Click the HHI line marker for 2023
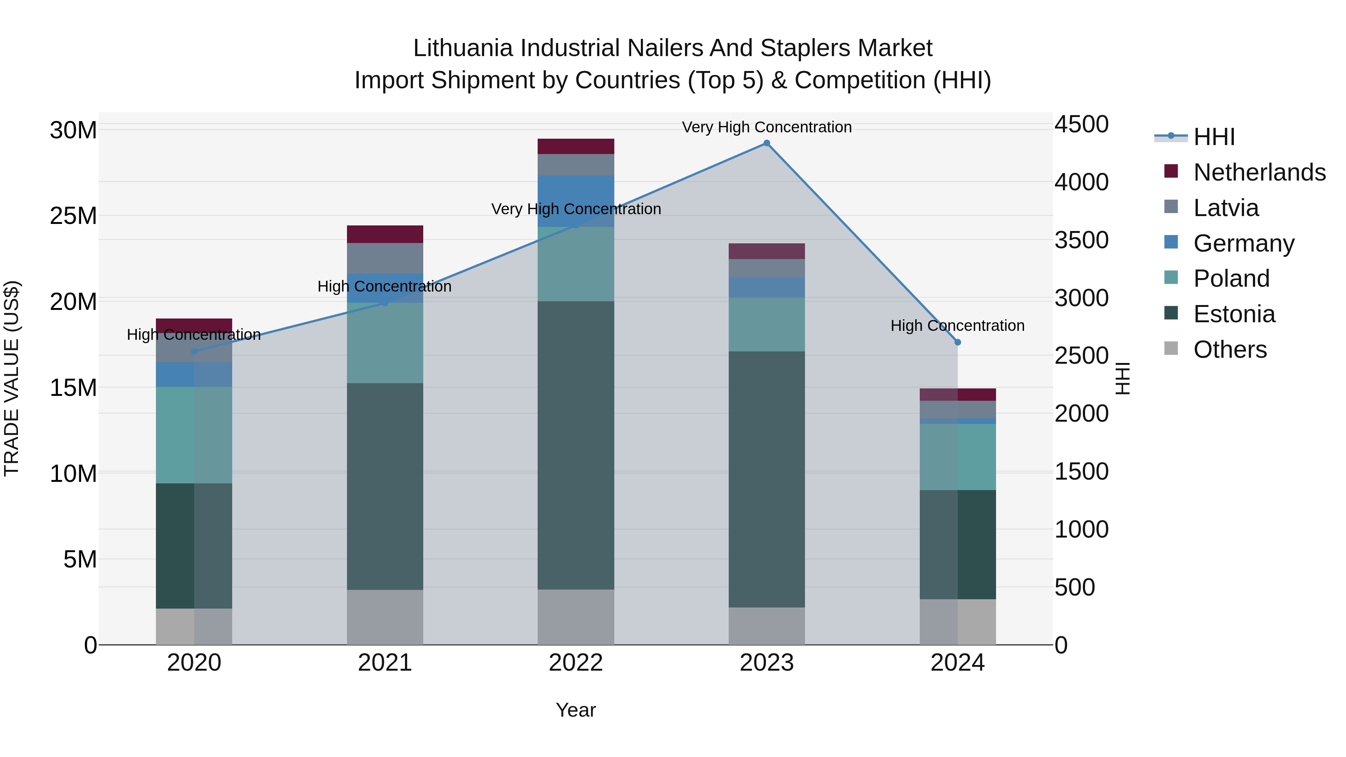(x=766, y=143)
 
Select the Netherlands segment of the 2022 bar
(x=576, y=146)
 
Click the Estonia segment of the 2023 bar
(x=766, y=479)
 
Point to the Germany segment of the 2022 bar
(x=576, y=201)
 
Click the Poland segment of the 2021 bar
(x=385, y=343)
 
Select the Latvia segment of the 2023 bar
(x=766, y=268)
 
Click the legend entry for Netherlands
(x=1259, y=172)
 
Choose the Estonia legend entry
(x=1234, y=314)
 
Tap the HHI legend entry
(x=1214, y=137)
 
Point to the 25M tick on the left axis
(x=73, y=216)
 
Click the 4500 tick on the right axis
(x=1081, y=124)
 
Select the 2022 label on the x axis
(x=576, y=663)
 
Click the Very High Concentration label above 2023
(x=766, y=127)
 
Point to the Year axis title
(x=576, y=710)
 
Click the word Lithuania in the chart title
(x=463, y=48)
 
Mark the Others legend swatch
(x=1171, y=348)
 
